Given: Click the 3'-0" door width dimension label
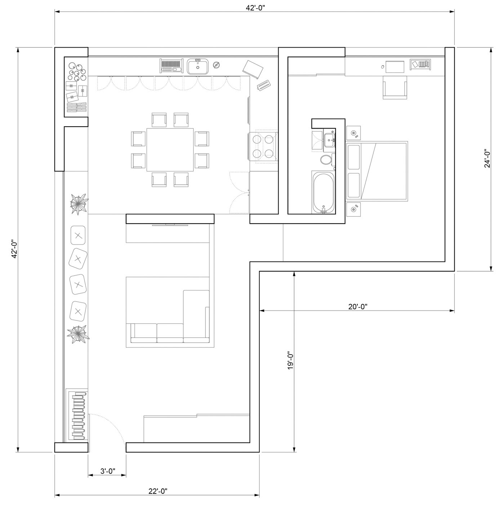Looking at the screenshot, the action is click(x=108, y=471).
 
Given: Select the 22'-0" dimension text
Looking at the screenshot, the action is click(x=157, y=491).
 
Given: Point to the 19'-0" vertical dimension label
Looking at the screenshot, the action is click(x=290, y=360).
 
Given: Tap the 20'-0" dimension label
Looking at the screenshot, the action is click(x=358, y=306).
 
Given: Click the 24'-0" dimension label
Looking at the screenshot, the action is click(x=487, y=158).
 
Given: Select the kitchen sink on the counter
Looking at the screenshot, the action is click(x=198, y=66).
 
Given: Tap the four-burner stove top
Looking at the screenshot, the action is click(x=263, y=147).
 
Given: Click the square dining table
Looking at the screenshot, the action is click(x=170, y=150).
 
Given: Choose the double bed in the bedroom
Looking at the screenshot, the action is click(x=377, y=171).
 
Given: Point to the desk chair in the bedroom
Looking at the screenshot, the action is click(x=395, y=88).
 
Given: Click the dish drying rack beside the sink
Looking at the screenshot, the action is click(x=171, y=66).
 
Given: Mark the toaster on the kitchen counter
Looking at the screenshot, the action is click(x=264, y=85).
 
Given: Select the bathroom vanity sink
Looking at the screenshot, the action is click(x=329, y=140).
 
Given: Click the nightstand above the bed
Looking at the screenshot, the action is click(x=353, y=133).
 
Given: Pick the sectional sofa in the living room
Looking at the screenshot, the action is click(x=170, y=317).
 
